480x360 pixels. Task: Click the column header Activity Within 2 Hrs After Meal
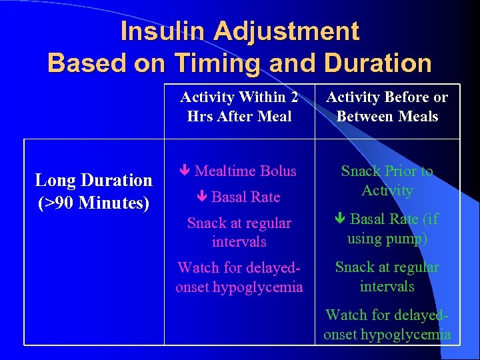[239, 107]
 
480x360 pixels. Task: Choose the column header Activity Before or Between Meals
[387, 107]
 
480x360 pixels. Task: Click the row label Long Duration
[93, 180]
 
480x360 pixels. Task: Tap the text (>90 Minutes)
[93, 201]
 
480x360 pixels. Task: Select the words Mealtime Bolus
[245, 171]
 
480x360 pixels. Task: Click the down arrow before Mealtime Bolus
[186, 171]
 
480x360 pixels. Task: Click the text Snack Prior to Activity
[387, 181]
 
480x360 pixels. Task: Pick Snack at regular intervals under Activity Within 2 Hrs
[239, 232]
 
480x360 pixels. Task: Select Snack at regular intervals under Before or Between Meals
[387, 277]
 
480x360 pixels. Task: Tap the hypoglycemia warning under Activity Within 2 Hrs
[239, 277]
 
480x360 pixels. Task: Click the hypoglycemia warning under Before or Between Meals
[387, 325]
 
